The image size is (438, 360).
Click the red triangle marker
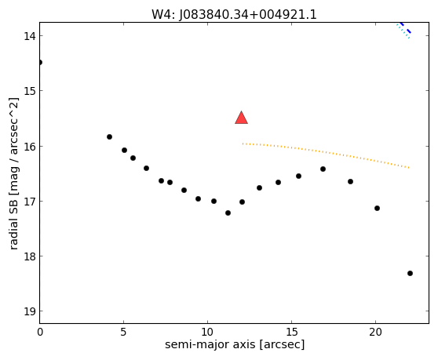(x=241, y=118)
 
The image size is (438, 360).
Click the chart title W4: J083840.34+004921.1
(x=234, y=14)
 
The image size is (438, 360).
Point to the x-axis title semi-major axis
(x=210, y=344)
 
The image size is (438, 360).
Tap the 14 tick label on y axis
(x=29, y=36)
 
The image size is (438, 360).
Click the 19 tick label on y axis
(x=29, y=311)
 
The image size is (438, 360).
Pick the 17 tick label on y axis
(x=29, y=202)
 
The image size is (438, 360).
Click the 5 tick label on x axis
(x=123, y=332)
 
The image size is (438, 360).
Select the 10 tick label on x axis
(x=207, y=332)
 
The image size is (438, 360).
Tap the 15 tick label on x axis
(x=291, y=332)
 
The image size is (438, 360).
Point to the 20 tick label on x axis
(x=375, y=332)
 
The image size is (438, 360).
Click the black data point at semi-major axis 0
(x=40, y=62)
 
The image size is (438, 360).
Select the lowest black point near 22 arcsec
(x=410, y=273)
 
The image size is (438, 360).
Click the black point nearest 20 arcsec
(x=377, y=208)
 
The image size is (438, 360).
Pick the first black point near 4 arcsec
(x=109, y=136)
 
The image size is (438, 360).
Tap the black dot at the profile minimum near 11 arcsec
(x=228, y=213)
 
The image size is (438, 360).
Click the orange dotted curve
(x=326, y=153)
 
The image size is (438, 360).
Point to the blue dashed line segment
(x=405, y=27)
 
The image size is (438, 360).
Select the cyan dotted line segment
(x=403, y=31)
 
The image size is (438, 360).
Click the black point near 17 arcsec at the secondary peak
(x=323, y=169)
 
